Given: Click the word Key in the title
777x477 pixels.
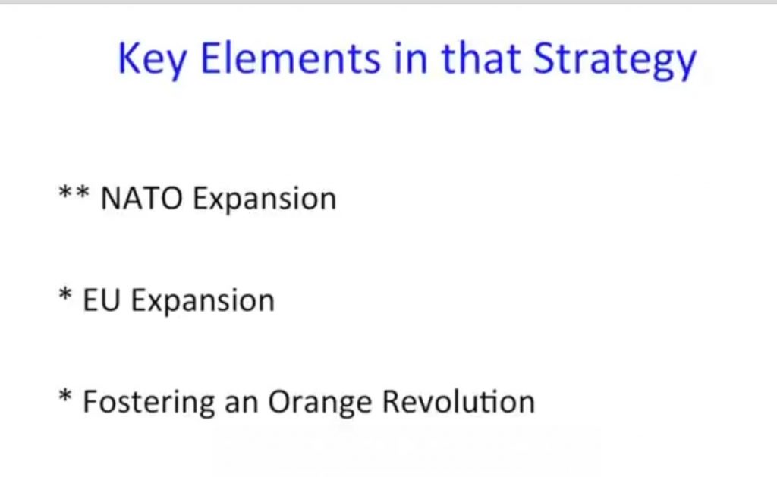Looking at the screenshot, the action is [x=152, y=60].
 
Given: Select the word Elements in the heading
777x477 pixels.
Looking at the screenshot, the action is [x=290, y=58].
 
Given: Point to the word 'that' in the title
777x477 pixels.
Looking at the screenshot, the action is [x=480, y=58].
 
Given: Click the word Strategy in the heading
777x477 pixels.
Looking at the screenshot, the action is [x=615, y=60].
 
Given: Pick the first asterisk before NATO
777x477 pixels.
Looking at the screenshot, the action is [x=66, y=192].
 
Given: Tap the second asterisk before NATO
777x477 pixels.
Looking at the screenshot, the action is [x=82, y=192].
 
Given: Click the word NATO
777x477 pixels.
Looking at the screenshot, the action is [x=141, y=198].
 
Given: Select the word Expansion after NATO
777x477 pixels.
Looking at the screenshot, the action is [x=265, y=199].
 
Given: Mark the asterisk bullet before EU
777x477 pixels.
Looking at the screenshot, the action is [x=65, y=294].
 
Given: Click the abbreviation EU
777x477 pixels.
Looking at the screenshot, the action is [x=102, y=300].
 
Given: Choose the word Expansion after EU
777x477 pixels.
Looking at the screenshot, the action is [x=203, y=302].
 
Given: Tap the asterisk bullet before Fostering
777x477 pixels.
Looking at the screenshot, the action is [x=65, y=396].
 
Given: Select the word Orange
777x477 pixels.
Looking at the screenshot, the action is [x=320, y=403].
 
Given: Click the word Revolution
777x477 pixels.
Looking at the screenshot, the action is [x=459, y=401].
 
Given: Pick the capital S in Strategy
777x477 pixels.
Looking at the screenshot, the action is [x=545, y=58].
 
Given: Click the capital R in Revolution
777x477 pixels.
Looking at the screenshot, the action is [x=392, y=401].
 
